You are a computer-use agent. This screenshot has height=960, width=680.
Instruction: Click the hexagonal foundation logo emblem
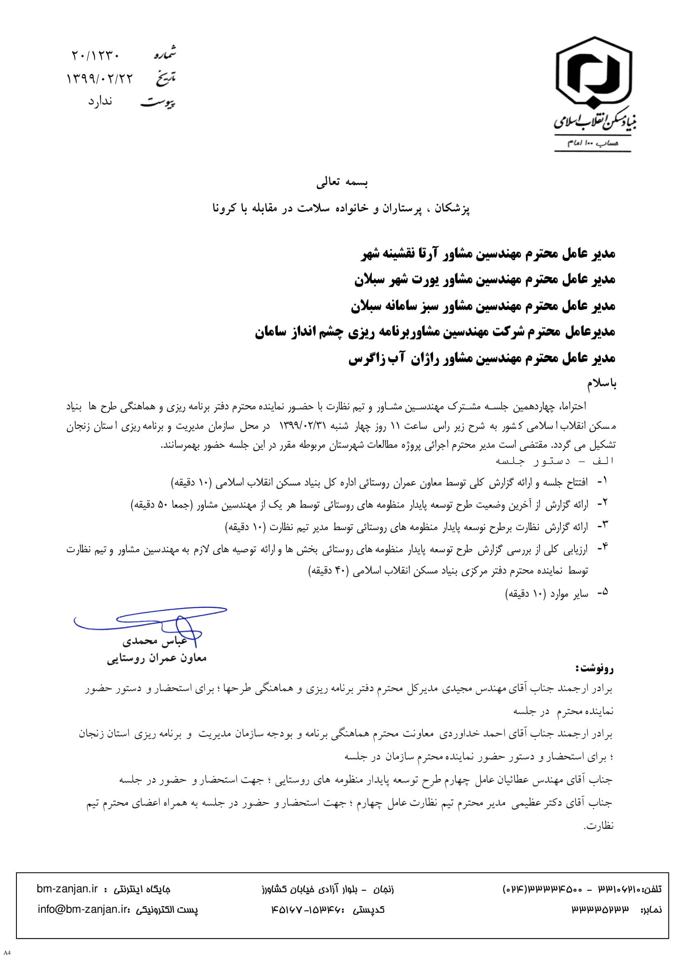(593, 73)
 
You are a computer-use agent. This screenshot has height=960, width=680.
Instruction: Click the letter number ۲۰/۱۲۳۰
(96, 55)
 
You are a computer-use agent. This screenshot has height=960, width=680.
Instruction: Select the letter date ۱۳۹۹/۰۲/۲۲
(100, 78)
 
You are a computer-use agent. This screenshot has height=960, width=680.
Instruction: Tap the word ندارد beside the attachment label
(100, 101)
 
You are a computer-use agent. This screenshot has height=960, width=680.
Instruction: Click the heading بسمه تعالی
(342, 182)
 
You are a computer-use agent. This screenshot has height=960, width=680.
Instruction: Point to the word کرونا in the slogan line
(224, 208)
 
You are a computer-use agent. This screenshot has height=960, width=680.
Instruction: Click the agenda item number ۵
(602, 592)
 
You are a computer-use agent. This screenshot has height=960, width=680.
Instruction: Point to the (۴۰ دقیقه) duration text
(329, 570)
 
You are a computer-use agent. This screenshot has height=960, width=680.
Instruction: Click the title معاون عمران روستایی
(157, 658)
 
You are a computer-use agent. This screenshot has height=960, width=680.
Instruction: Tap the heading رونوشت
(595, 668)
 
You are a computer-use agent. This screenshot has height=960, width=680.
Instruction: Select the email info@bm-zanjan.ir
(83, 909)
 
